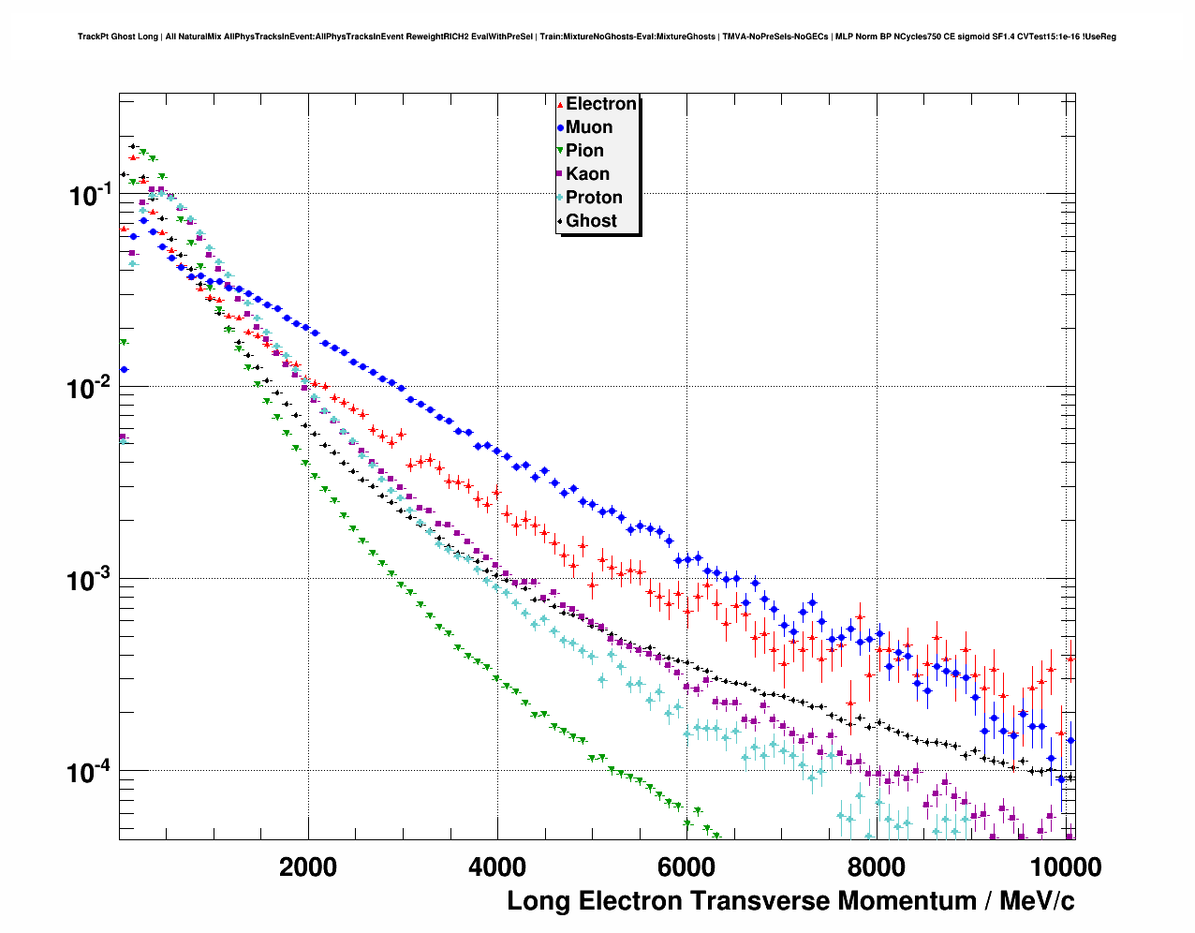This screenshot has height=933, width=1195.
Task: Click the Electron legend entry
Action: point(600,104)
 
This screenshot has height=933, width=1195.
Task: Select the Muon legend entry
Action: point(588,127)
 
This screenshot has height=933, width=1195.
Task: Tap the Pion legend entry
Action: point(584,151)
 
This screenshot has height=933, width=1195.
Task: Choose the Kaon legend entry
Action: point(587,174)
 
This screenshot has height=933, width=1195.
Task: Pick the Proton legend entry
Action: point(594,198)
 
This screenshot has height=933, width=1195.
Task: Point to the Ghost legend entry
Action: point(591,221)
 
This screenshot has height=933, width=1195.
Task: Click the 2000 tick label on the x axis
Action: point(308,866)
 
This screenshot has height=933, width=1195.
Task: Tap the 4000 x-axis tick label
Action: point(497,866)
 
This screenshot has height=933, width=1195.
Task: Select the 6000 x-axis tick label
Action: point(686,866)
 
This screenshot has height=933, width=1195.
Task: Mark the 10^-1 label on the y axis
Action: point(90,195)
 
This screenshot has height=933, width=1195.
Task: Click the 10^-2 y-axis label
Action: point(90,387)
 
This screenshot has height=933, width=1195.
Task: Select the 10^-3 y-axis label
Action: point(90,580)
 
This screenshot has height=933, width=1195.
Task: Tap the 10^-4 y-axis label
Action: point(90,772)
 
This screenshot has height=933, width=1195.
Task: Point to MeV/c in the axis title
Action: point(1037,901)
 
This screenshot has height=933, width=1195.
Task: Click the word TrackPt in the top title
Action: point(93,37)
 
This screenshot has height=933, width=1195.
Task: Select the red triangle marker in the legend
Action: point(560,105)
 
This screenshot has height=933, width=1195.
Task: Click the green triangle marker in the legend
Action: point(560,151)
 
